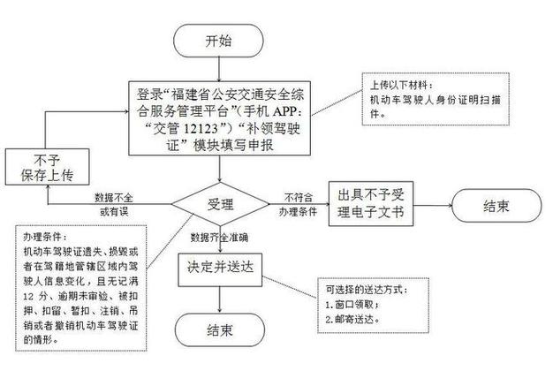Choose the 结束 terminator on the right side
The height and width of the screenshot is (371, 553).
tap(496, 206)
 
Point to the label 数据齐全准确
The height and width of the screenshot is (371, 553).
tap(221, 238)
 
